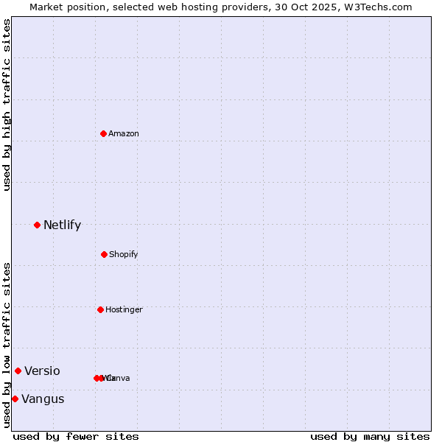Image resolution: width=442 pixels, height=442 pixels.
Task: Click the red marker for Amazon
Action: pos(104,133)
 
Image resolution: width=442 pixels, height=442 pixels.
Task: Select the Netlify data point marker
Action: pos(37,225)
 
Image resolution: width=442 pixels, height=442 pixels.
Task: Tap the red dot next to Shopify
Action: pos(104,254)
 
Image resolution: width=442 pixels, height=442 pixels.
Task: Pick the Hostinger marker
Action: pos(100,309)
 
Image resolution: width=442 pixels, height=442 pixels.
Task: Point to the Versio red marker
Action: pos(18,371)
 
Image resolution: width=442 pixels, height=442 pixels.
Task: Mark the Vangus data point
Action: pos(15,399)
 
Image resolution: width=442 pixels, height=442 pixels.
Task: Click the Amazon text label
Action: pos(124,133)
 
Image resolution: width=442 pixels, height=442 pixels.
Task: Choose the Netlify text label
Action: pos(62,225)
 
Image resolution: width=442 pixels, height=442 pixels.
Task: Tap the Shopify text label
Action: pos(124,254)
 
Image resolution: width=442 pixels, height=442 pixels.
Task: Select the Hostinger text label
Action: pos(124,309)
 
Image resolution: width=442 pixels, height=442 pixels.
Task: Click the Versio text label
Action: pos(42,371)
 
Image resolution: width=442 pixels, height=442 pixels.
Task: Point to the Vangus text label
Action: pos(43,399)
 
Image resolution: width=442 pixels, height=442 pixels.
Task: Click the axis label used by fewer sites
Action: pos(76,436)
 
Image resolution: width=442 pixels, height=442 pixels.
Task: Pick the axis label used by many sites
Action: pos(370,436)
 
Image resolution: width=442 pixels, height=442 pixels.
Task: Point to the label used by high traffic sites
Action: pos(7,105)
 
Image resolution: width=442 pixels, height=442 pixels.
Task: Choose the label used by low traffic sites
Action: pos(7,345)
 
